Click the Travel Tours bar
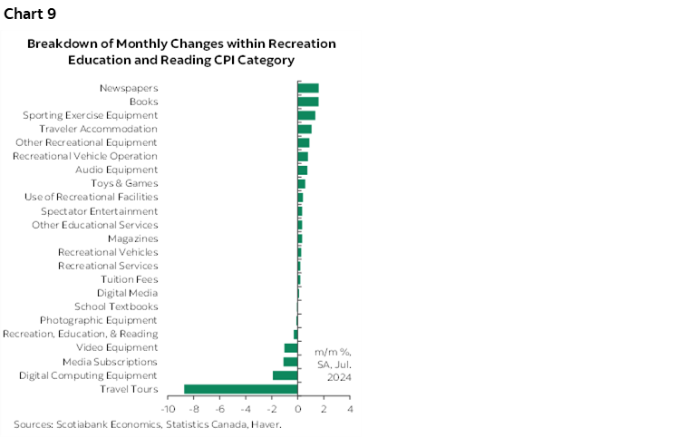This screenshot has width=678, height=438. (x=241, y=389)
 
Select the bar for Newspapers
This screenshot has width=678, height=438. (x=308, y=88)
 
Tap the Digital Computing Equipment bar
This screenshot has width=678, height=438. (x=286, y=375)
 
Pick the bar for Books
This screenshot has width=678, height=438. (x=308, y=102)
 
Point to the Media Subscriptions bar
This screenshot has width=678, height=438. (x=291, y=362)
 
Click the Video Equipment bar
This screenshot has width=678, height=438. (x=291, y=348)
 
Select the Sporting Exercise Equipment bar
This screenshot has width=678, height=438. (x=306, y=115)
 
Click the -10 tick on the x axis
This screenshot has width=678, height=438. (x=168, y=409)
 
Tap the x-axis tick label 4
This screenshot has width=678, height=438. (x=350, y=409)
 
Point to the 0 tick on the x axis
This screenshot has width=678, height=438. (x=298, y=409)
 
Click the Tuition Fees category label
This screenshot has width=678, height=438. (x=130, y=279)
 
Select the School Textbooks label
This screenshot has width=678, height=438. (x=116, y=307)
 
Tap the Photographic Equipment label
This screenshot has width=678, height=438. (x=99, y=320)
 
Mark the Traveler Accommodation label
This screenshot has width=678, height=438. (x=99, y=129)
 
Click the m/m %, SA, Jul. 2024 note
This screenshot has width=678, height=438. (x=333, y=364)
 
